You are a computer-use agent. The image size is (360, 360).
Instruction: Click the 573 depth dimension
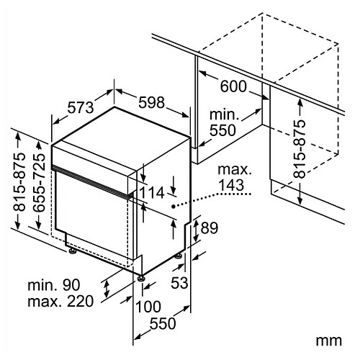[81, 107]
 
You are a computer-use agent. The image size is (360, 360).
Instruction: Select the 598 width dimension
[152, 102]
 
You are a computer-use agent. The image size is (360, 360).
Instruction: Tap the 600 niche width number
[233, 86]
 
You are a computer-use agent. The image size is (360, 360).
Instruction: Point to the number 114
[152, 192]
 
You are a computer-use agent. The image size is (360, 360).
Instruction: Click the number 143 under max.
[232, 185]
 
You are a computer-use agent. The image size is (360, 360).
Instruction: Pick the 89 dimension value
[210, 228]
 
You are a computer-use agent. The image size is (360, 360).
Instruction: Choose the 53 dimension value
[179, 283]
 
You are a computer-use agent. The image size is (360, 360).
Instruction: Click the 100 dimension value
[148, 307]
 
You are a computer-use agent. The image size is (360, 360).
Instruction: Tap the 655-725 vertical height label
[39, 183]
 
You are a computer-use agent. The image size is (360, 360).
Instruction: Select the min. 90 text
[54, 285]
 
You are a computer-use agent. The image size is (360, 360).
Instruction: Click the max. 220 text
[60, 302]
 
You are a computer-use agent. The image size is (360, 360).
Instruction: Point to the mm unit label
[328, 341]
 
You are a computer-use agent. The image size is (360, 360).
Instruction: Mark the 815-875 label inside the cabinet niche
[300, 149]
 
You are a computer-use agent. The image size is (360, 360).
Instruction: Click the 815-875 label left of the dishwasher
[19, 182]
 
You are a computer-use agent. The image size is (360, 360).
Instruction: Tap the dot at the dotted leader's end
[173, 206]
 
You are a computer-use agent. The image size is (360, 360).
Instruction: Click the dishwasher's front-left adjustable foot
[72, 251]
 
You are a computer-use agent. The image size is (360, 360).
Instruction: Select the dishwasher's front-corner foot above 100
[140, 279]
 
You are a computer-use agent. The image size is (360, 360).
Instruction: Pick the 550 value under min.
[222, 130]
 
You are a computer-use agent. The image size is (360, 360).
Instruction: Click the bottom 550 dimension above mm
[163, 323]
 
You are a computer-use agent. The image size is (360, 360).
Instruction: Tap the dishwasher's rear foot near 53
[178, 256]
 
